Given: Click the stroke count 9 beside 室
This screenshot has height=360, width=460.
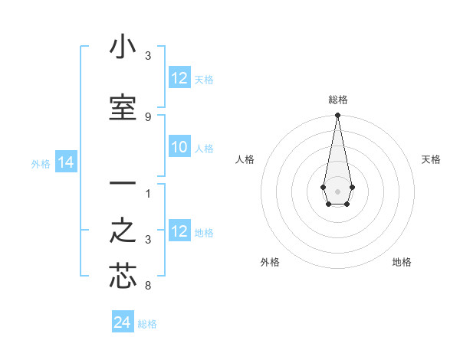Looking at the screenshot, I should tap(148, 117).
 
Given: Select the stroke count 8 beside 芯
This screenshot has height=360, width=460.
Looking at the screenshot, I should tap(148, 286).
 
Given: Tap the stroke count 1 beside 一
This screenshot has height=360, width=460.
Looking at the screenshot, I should tap(148, 193).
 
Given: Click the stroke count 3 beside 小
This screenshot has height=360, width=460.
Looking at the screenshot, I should tap(148, 56).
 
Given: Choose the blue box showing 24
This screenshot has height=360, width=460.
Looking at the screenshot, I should tap(122, 323).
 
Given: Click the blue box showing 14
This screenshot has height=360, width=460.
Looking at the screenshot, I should tap(65, 162).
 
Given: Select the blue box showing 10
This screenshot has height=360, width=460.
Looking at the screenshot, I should tap(179, 148).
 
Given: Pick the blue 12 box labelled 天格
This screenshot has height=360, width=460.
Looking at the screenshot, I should tap(179, 78).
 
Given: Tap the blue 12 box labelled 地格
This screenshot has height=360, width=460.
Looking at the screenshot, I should tap(179, 232).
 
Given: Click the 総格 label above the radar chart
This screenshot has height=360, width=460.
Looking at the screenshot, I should tap(338, 100).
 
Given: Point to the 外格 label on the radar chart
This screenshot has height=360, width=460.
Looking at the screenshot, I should tap(270, 262).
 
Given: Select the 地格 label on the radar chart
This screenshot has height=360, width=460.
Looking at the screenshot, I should tap(402, 262).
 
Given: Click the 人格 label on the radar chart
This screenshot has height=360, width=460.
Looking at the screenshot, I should tap(245, 159).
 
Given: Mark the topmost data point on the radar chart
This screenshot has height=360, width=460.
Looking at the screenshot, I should tap(337, 116).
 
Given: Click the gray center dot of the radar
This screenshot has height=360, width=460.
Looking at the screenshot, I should tap(337, 190).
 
